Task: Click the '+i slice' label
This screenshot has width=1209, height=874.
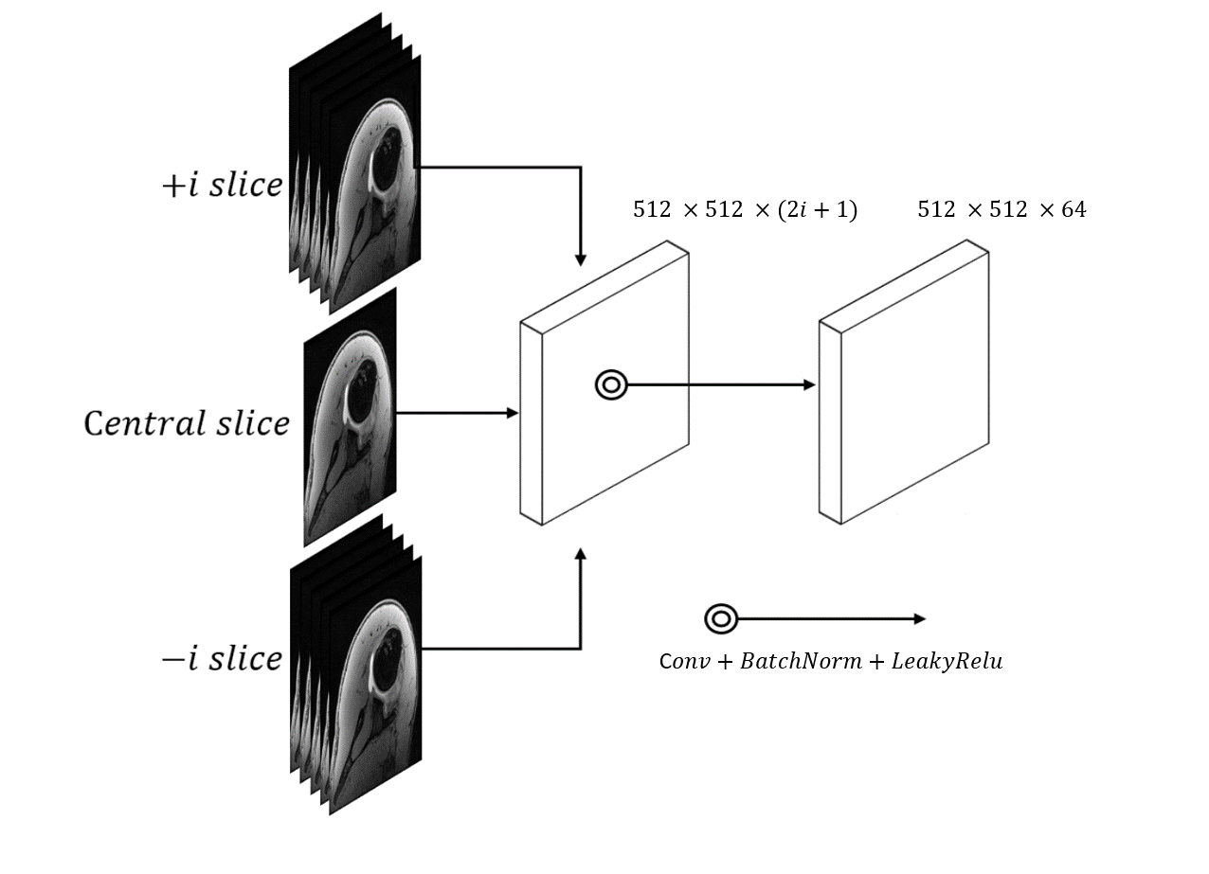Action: (223, 185)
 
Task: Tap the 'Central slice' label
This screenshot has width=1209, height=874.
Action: (187, 423)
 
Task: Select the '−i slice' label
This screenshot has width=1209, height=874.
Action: (223, 659)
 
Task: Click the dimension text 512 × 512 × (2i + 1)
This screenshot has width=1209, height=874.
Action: (745, 209)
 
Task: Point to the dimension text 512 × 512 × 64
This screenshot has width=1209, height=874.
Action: (1001, 209)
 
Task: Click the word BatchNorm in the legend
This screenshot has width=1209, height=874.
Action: (801, 661)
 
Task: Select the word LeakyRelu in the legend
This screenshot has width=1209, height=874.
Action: (947, 662)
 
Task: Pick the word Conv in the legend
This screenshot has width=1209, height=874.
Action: (684, 662)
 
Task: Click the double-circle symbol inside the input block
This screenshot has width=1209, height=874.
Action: (611, 385)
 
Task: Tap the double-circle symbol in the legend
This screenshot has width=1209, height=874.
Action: (721, 619)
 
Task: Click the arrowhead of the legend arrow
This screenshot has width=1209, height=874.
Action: (920, 619)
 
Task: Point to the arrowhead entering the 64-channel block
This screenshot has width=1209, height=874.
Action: (809, 384)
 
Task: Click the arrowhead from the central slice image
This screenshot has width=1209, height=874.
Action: (513, 413)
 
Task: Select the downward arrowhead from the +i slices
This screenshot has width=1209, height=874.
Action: (581, 260)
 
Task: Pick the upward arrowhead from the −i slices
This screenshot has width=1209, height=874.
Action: (581, 555)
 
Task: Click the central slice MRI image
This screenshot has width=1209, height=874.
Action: (350, 417)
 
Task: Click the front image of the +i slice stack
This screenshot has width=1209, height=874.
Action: (374, 185)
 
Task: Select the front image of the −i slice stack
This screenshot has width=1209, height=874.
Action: (375, 686)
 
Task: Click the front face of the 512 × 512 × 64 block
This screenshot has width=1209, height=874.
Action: (915, 388)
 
